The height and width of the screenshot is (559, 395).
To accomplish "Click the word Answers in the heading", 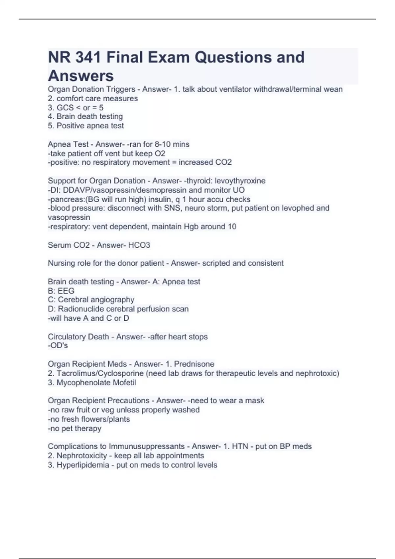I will pos(81,76).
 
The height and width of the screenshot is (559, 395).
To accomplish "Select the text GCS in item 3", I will pos(65,108).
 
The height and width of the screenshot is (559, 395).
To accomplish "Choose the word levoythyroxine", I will pos(240,181).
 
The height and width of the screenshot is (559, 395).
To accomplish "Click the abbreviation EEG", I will pos(66,291).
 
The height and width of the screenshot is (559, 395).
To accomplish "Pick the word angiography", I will pos(112,300).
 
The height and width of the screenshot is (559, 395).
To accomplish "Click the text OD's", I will pos(59,346).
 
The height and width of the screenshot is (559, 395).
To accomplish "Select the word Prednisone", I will pos(194,364).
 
